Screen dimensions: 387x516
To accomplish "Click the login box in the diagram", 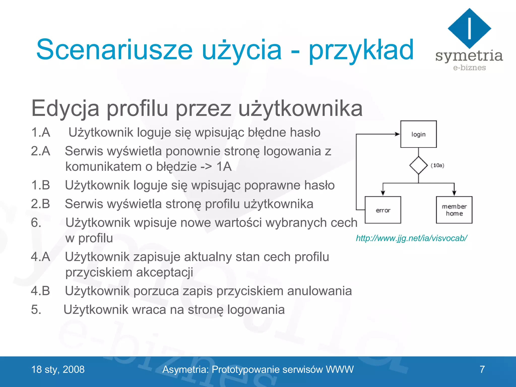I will (418, 134).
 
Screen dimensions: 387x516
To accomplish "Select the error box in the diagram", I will (383, 210).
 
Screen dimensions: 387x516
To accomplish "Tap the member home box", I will (454, 210).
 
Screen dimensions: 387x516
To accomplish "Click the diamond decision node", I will (418, 165).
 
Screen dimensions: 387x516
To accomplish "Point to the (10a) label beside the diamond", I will (437, 165).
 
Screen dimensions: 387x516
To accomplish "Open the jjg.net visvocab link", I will (411, 238).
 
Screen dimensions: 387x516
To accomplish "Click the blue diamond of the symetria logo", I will (469, 28).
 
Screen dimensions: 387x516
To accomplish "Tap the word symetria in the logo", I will (469, 56).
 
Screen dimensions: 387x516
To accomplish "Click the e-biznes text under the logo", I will (469, 68).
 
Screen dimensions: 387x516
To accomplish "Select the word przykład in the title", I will (361, 50).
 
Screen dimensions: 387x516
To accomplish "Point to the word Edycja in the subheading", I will (65, 108).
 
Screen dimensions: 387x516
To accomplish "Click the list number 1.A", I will (41, 132).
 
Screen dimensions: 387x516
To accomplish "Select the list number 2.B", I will (41, 204).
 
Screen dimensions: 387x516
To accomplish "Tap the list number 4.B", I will (41, 291).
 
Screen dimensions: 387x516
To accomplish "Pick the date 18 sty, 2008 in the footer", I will (58, 369).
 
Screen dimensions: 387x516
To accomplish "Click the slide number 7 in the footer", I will (482, 369).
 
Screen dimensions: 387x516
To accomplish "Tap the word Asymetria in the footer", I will (185, 369).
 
